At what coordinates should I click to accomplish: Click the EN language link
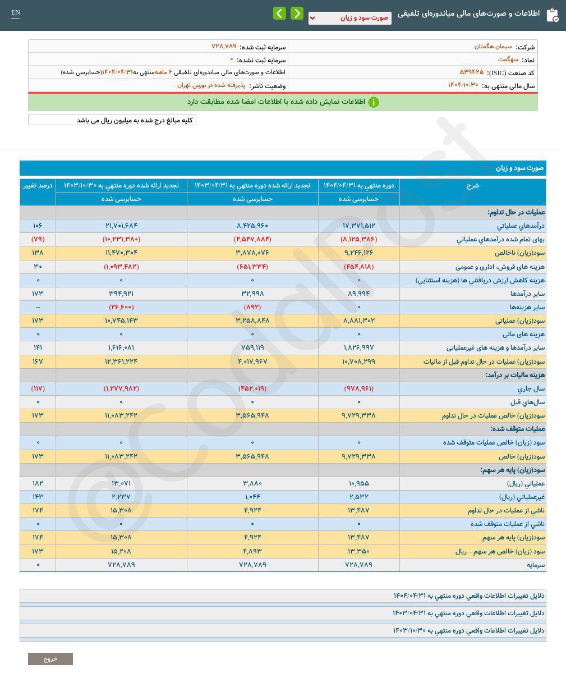(x=16, y=13)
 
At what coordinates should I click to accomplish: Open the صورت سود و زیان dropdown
(x=349, y=18)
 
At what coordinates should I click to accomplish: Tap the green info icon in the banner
(x=373, y=102)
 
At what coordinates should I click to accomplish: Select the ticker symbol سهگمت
(x=508, y=59)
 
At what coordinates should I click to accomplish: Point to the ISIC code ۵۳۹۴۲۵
(x=471, y=72)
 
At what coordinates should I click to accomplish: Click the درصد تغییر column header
(x=38, y=185)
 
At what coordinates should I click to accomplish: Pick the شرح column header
(x=472, y=185)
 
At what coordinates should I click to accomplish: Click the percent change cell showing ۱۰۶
(x=38, y=226)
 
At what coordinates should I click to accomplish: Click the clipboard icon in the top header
(x=552, y=15)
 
